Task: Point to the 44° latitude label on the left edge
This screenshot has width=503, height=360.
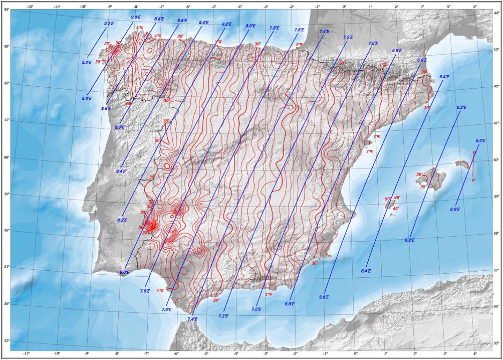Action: coord(7,11)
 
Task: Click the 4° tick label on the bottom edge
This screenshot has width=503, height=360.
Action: coord(475,354)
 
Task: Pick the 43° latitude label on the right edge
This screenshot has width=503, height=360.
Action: coord(496,50)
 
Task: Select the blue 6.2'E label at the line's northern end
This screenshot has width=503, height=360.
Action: coord(461,108)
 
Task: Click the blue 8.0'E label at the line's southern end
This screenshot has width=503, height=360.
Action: coord(124,272)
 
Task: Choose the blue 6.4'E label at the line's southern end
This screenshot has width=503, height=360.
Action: coord(365,271)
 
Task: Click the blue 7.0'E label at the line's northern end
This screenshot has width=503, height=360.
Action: coord(373,44)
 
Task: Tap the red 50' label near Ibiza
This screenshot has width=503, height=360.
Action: coord(388,199)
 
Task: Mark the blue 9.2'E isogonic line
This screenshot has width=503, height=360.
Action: coord(98,43)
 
